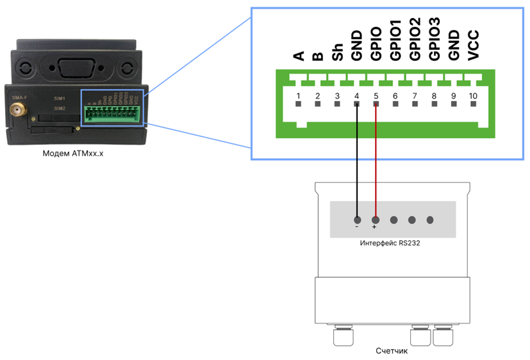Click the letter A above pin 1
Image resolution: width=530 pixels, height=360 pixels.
point(298,56)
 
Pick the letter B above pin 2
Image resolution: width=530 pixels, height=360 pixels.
point(317,56)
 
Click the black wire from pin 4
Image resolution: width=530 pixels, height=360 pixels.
point(357,160)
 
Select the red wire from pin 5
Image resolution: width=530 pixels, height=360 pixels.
point(376,160)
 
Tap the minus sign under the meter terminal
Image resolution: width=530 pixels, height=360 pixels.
point(357,227)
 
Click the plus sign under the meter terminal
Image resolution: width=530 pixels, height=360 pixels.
point(375,227)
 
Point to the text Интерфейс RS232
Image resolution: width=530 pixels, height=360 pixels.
point(393,244)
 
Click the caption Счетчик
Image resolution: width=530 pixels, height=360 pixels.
point(392,351)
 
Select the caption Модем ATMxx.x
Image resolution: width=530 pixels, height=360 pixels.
point(72,154)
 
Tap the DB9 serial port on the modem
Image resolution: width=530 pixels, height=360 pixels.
point(76,67)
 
